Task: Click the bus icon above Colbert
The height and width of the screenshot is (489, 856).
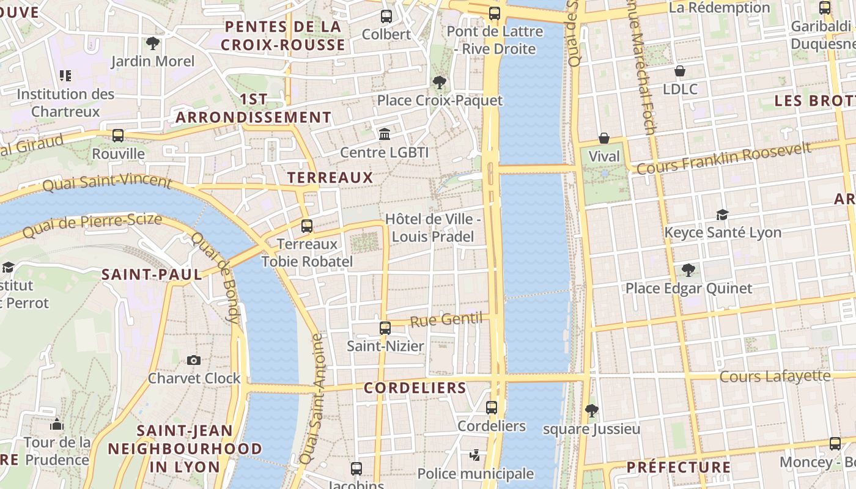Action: (x=386, y=17)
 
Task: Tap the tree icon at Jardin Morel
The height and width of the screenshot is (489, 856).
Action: (x=153, y=43)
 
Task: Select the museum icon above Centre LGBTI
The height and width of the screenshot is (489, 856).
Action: (x=385, y=134)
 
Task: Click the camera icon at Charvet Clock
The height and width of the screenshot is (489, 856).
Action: (x=194, y=360)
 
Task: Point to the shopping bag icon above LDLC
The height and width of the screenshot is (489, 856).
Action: (x=680, y=71)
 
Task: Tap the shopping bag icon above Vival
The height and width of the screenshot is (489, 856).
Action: (x=604, y=138)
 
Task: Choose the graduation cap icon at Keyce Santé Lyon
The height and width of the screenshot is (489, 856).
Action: (x=723, y=215)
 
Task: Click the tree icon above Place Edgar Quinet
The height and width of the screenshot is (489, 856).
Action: (x=688, y=270)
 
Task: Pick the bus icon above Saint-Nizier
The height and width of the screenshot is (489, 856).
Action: (x=385, y=328)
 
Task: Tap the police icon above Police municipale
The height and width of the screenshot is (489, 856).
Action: (x=475, y=455)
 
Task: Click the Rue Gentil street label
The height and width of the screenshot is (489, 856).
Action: (x=446, y=320)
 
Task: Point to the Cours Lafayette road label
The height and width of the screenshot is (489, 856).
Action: (x=775, y=376)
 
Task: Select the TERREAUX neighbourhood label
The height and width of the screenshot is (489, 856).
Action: (x=330, y=178)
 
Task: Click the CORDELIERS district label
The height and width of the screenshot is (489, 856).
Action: (x=415, y=388)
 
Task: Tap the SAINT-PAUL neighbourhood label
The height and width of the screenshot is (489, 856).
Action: (x=152, y=274)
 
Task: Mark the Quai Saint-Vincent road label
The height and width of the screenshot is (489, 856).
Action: (x=107, y=182)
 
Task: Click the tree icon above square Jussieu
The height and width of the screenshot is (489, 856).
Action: (x=591, y=410)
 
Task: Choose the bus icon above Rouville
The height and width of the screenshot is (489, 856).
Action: (x=118, y=136)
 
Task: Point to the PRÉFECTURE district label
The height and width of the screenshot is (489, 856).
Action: (x=679, y=468)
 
